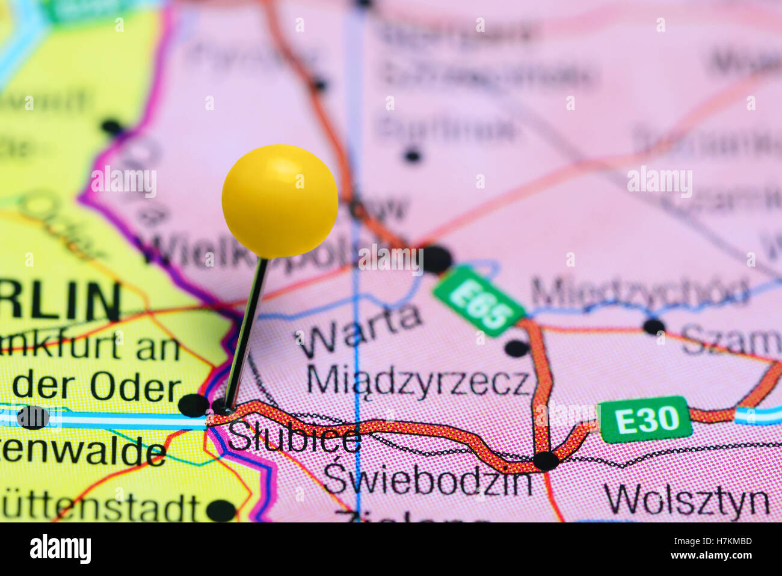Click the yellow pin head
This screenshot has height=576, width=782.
pos(280,200)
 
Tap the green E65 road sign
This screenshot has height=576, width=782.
pos(479,300)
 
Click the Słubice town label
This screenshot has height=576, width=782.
pos(294,438)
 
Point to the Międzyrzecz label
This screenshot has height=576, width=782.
pos(419,380)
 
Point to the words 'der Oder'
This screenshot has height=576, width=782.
pos(97,388)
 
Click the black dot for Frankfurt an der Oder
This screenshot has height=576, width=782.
pos(193,405)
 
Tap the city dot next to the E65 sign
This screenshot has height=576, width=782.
pos(436,259)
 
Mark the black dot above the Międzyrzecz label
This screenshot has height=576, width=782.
pos(517,348)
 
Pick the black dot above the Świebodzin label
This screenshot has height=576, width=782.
pos(546,461)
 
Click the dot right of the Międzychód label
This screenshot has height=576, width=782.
pos(654,327)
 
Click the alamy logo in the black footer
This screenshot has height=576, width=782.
pos(60,549)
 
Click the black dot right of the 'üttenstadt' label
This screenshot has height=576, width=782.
pos(221,510)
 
